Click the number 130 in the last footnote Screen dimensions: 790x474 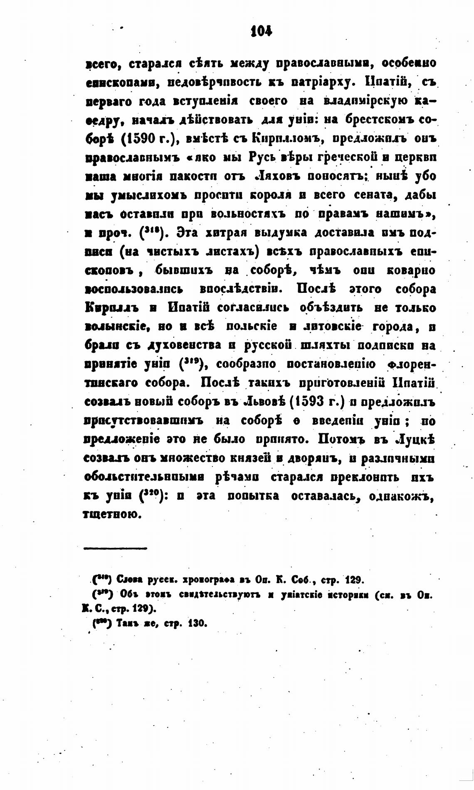197,623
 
